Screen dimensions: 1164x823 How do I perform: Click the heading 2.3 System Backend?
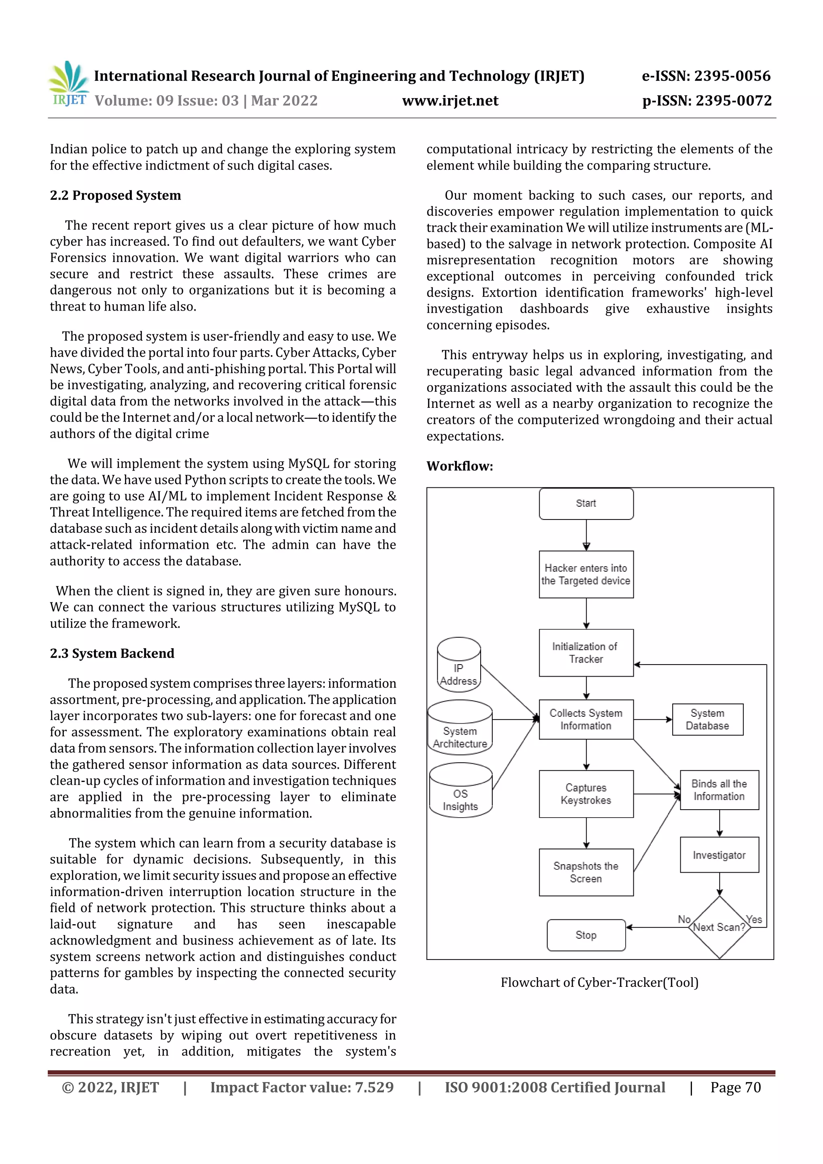tap(112, 653)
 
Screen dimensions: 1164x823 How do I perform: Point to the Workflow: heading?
tap(459, 466)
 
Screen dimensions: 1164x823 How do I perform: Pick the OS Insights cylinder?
tap(460, 791)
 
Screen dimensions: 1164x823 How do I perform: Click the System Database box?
tap(707, 719)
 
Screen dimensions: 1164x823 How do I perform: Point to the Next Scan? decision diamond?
tap(719, 927)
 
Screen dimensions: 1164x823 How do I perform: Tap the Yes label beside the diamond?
tap(754, 919)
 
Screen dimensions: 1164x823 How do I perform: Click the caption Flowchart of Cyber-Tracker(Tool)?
tap(600, 982)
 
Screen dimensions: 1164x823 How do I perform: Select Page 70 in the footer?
tap(735, 1087)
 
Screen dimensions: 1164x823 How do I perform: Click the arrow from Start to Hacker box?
tap(586, 535)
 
